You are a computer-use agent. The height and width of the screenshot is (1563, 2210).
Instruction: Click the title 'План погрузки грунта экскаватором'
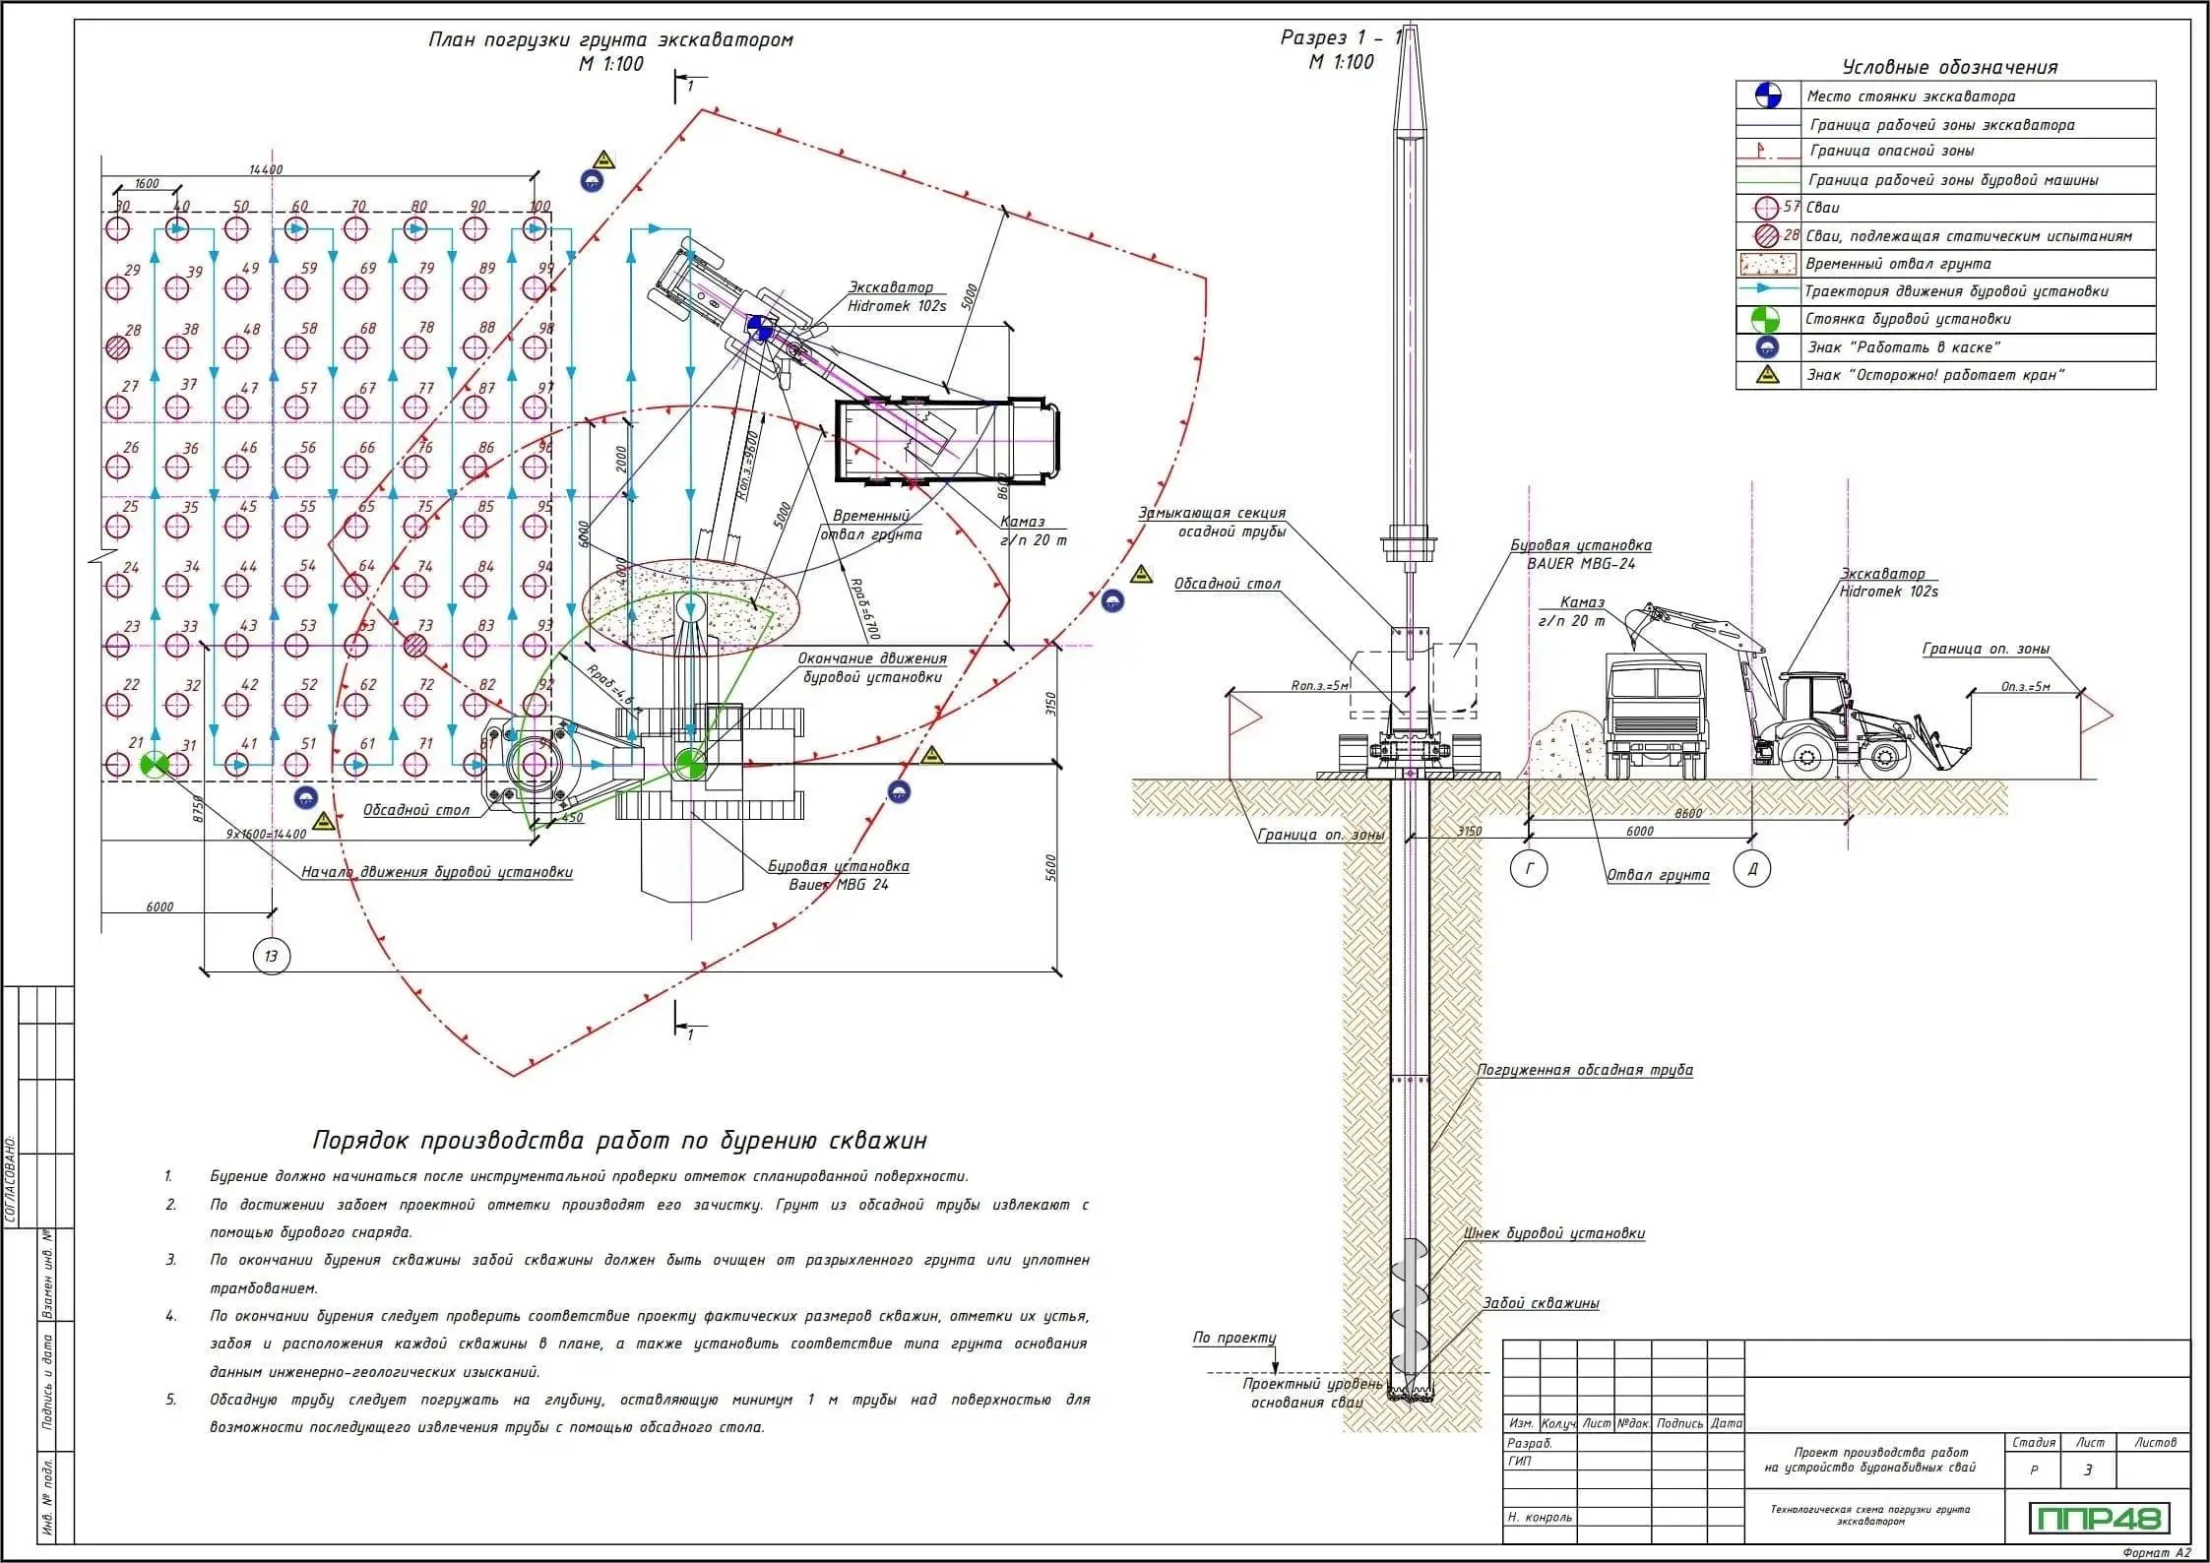[610, 40]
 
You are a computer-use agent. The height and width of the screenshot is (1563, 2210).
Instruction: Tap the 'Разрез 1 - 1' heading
[1340, 38]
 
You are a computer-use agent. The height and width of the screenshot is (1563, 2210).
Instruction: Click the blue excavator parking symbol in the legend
[1768, 95]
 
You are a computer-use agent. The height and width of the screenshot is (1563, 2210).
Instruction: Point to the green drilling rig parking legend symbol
[1768, 319]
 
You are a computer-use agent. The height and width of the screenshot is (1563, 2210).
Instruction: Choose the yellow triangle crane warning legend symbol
[1768, 375]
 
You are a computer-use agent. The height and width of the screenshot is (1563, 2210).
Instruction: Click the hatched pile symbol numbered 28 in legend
[1768, 236]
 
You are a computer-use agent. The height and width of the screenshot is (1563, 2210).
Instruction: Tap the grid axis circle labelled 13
[271, 956]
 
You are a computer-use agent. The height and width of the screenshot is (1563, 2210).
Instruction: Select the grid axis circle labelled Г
[1529, 869]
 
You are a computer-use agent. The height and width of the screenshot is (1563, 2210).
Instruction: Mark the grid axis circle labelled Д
[1752, 869]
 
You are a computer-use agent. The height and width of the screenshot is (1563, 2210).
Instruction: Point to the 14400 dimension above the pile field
[266, 169]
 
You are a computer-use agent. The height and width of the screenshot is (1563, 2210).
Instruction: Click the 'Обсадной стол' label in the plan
[415, 810]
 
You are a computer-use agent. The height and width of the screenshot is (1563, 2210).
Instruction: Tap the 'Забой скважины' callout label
[1541, 1303]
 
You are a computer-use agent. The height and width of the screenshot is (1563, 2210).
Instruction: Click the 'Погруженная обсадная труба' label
[1584, 1070]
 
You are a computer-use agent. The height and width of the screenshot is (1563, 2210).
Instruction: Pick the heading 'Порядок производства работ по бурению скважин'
[619, 1140]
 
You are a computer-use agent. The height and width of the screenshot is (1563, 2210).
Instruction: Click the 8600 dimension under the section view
[1687, 813]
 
